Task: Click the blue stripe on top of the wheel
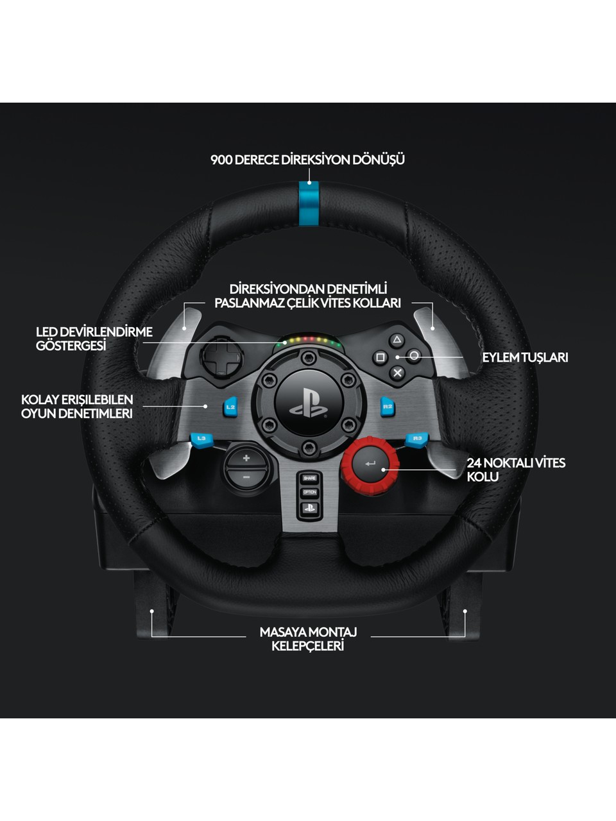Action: click(309, 203)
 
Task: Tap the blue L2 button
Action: click(230, 407)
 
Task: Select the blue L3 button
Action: click(201, 439)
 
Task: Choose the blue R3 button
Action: click(416, 439)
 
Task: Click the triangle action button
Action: click(397, 340)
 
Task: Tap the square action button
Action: click(380, 357)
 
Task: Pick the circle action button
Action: click(414, 356)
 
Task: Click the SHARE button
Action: click(310, 478)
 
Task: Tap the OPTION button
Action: click(310, 492)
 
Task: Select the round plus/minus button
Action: click(246, 468)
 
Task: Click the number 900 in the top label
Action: click(221, 160)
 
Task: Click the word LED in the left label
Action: click(47, 332)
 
